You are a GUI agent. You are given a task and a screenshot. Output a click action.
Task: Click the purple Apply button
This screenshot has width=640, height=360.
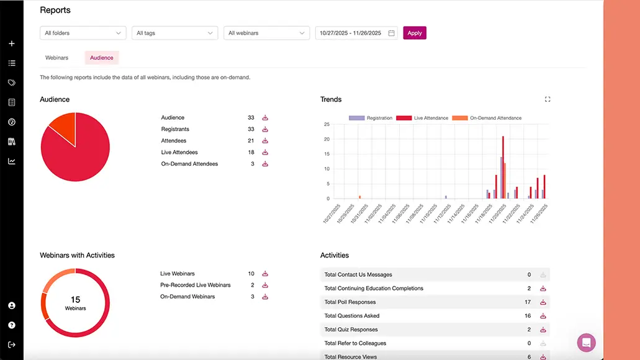[415, 33]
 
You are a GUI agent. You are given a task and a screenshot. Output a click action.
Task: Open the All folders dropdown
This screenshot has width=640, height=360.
[83, 33]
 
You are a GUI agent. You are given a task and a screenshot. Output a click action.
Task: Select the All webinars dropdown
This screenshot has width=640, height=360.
[266, 33]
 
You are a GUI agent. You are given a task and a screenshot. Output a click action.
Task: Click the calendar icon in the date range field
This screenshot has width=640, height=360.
[392, 33]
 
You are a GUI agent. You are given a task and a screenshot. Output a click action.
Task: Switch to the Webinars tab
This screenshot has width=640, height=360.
[56, 58]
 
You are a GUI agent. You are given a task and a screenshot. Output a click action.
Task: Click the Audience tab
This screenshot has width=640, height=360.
[102, 58]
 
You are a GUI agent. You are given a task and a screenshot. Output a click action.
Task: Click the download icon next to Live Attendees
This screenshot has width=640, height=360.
[265, 153]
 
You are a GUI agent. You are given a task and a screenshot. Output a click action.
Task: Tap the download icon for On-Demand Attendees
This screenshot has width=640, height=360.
[265, 164]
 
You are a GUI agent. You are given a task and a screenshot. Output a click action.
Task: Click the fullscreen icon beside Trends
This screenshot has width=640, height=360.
[548, 99]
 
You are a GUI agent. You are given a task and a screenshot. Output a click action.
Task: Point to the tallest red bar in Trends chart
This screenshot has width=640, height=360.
[503, 167]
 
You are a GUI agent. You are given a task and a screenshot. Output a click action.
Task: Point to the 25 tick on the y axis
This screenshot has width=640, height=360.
[327, 124]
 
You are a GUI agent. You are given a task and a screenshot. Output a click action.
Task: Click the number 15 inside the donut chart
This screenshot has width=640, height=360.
[75, 300]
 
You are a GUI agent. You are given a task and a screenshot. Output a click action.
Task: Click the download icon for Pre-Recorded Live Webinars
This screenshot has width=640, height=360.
[265, 286]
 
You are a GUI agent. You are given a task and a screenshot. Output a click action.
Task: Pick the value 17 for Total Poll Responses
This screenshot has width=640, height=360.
[528, 302]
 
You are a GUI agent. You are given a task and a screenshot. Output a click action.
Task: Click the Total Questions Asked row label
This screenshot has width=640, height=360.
[352, 316]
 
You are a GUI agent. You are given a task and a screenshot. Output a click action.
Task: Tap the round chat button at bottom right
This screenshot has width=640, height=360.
[586, 343]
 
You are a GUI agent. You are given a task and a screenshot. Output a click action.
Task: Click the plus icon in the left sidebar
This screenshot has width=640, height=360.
[12, 44]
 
